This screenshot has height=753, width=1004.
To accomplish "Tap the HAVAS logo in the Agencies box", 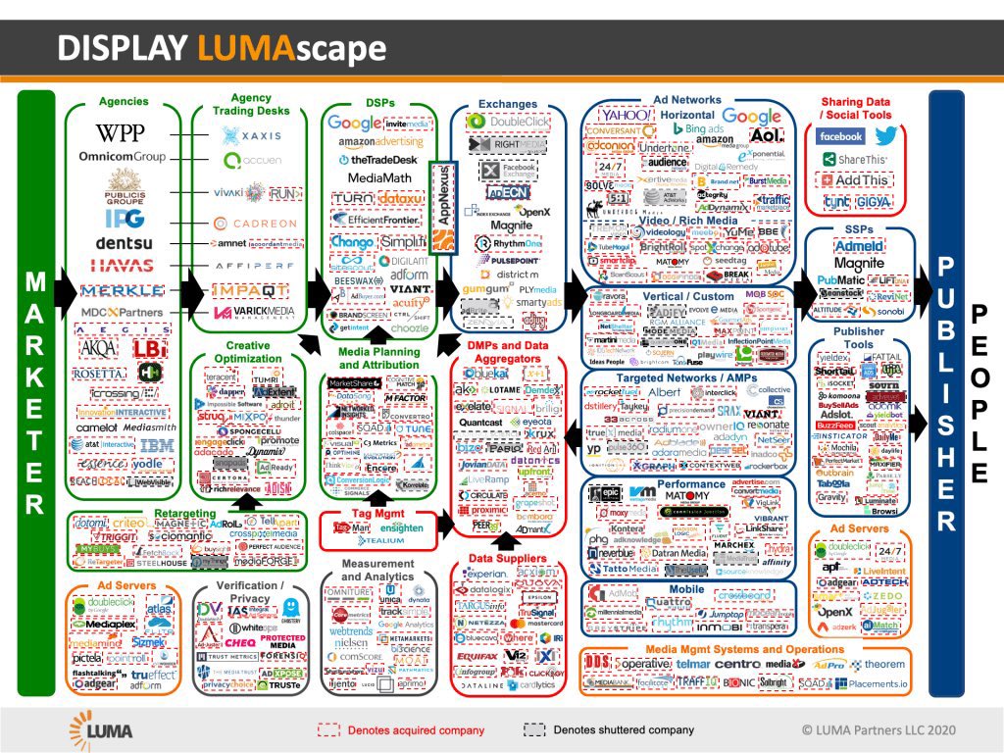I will [x=122, y=266].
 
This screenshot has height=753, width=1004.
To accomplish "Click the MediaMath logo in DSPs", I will [x=377, y=177].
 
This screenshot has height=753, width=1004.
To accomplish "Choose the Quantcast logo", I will [x=485, y=423].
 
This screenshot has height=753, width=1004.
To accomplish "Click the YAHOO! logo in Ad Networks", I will [x=625, y=117].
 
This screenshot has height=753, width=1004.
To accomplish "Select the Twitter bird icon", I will [x=886, y=136].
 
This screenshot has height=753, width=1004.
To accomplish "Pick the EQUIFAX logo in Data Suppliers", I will [x=477, y=656].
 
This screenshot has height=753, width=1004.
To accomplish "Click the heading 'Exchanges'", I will [x=508, y=104].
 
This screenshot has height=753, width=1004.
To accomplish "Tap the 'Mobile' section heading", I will [x=687, y=588].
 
